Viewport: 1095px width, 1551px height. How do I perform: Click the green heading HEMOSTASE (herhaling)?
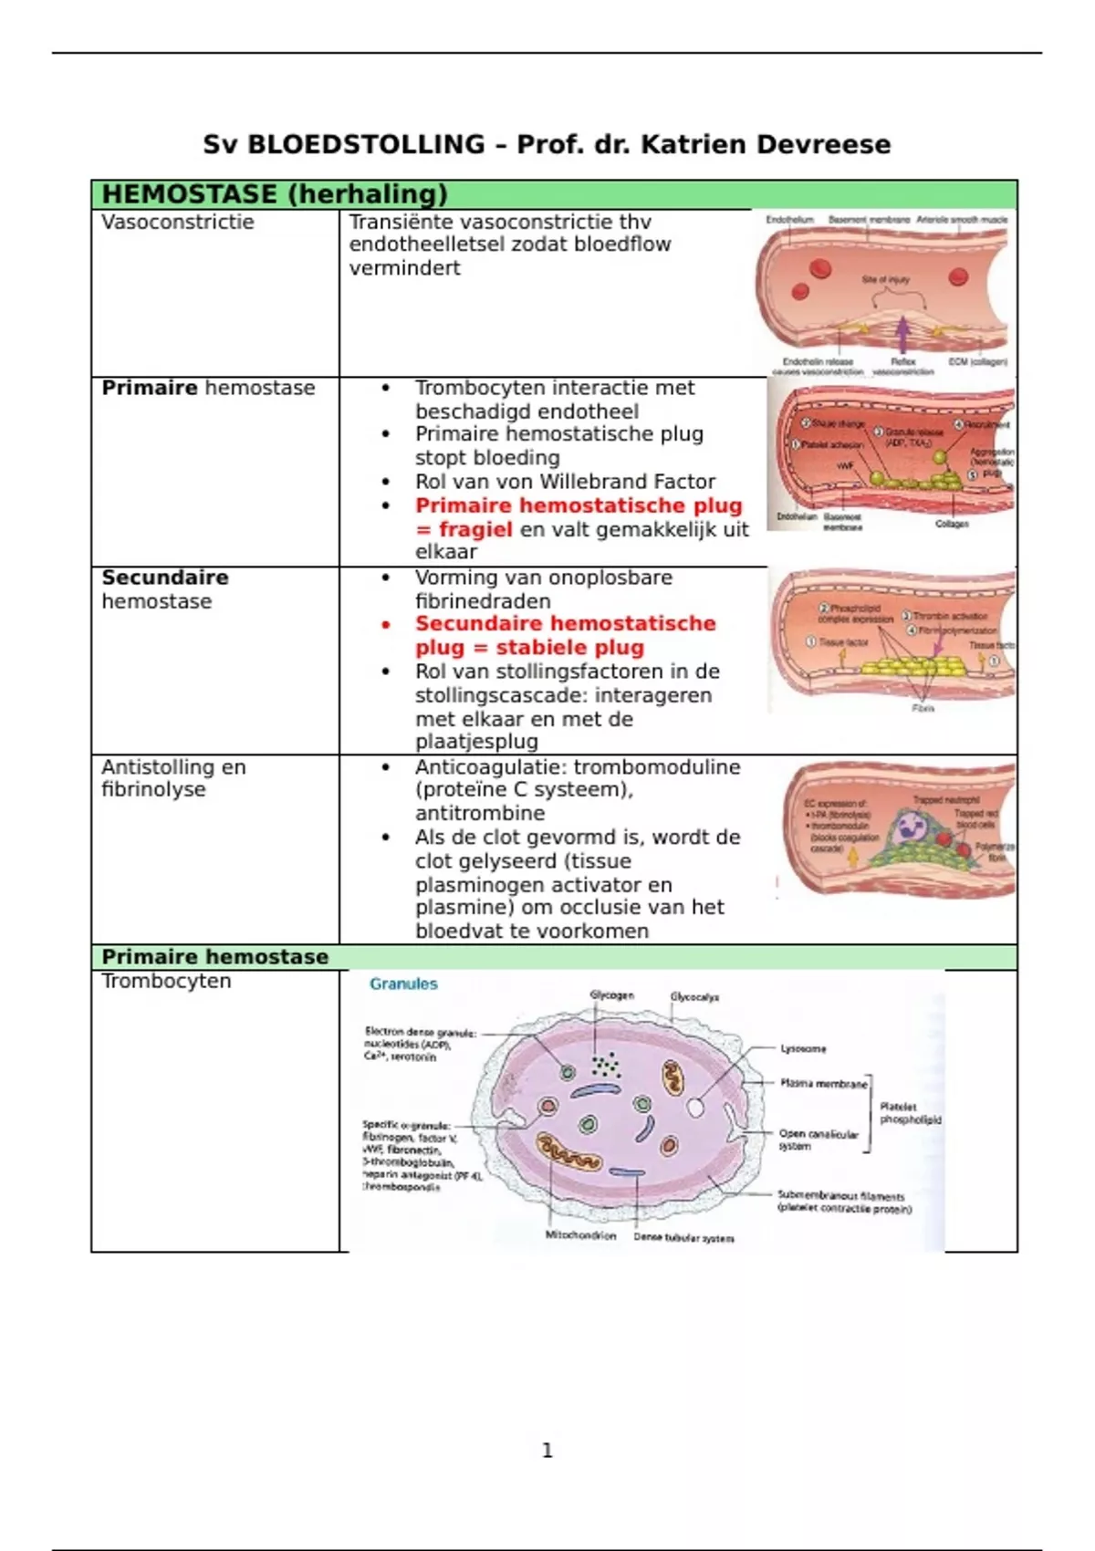click(x=275, y=194)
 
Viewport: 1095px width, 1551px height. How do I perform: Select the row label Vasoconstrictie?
click(x=178, y=222)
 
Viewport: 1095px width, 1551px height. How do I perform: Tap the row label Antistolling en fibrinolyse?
click(x=173, y=778)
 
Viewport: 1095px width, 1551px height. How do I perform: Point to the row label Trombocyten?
click(x=166, y=981)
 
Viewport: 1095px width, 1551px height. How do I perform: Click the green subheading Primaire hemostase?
click(x=215, y=957)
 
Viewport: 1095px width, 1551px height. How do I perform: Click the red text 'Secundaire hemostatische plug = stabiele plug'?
click(x=565, y=635)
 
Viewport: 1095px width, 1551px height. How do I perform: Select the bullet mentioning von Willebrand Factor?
click(x=565, y=482)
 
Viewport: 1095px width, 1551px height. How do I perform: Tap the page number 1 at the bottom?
click(x=547, y=1450)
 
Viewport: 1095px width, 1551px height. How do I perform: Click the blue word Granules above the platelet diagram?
click(x=403, y=984)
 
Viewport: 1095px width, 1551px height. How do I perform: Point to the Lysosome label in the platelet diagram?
click(x=803, y=1049)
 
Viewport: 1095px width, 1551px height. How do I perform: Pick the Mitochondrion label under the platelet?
click(x=580, y=1235)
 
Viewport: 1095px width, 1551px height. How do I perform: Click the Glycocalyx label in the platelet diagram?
click(x=694, y=997)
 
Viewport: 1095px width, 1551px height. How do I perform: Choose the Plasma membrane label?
click(x=823, y=1084)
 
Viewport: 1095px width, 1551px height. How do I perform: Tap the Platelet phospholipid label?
click(x=910, y=1113)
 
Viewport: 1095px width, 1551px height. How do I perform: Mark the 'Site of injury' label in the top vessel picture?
click(x=885, y=280)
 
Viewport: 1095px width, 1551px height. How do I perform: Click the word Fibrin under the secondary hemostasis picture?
click(x=923, y=708)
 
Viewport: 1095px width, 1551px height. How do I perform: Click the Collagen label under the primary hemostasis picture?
click(x=952, y=524)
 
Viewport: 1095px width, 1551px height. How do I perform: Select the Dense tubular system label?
click(x=683, y=1238)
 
